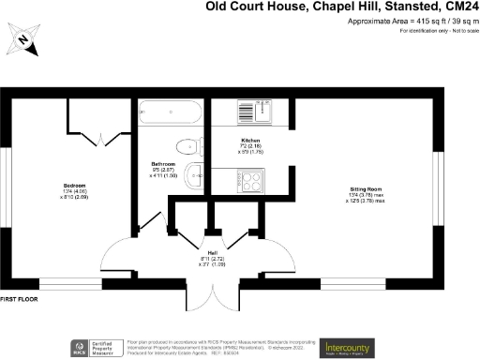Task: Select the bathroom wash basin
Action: pos(194,173)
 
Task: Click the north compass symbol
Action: pos(23,42)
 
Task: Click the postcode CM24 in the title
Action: pos(458,7)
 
